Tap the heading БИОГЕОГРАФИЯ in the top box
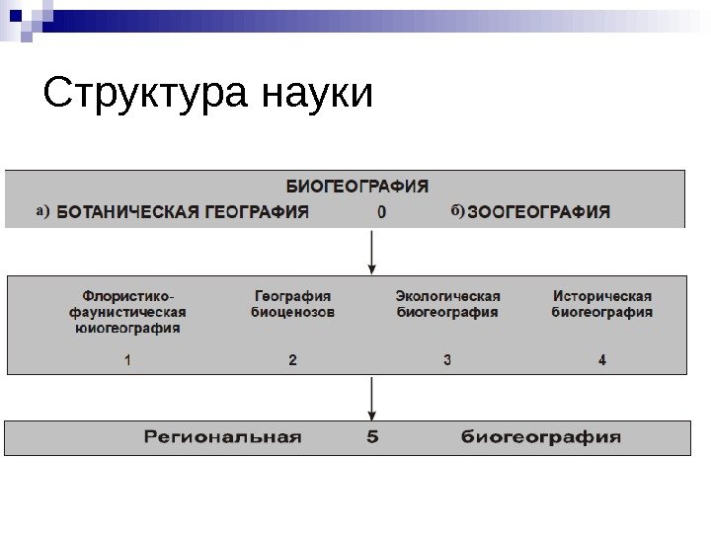(357, 185)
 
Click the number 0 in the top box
(381, 212)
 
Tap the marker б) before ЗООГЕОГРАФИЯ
(457, 210)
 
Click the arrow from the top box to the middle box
(371, 252)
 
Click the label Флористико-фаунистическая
(128, 304)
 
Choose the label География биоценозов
(292, 304)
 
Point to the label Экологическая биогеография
(447, 304)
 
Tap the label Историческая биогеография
(602, 304)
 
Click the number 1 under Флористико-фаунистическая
(128, 360)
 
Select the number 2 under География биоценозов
(292, 360)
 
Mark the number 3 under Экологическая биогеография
(447, 360)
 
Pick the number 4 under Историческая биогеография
(602, 360)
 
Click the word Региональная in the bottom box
(222, 437)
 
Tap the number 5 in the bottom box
(372, 437)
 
